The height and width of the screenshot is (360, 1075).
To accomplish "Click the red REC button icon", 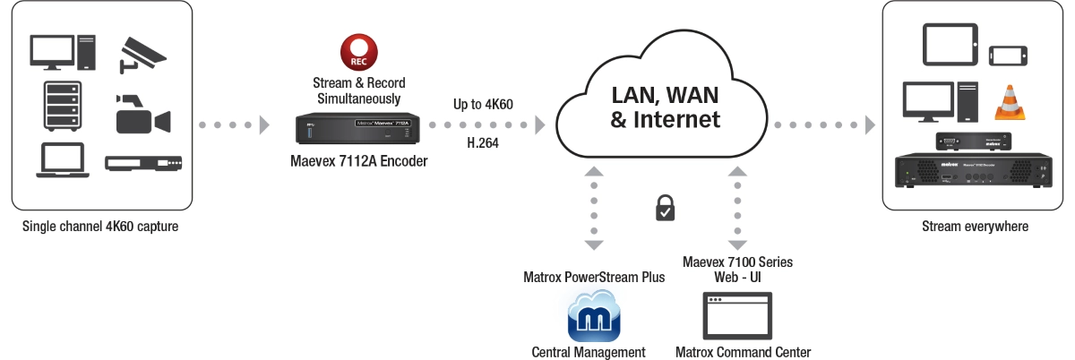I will [357, 52].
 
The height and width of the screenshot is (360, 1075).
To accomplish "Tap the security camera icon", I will [142, 55].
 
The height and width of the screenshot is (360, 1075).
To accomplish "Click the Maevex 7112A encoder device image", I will [357, 130].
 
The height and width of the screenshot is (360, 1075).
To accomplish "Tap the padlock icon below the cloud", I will [664, 210].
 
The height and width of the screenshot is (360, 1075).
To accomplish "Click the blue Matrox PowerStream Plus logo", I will [594, 316].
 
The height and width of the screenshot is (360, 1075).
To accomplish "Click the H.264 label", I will [484, 141].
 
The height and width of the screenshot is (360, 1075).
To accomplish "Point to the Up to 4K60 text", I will [483, 105].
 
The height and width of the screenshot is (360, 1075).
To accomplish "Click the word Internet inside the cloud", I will [676, 119].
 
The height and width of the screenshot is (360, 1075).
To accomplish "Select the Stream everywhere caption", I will [975, 227].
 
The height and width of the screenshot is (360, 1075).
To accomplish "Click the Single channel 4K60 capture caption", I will [100, 227].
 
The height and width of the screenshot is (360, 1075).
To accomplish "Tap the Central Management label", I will [589, 352].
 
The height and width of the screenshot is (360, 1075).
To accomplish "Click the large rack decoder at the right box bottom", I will [974, 170].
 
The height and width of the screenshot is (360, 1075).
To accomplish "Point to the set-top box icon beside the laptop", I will [143, 163].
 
